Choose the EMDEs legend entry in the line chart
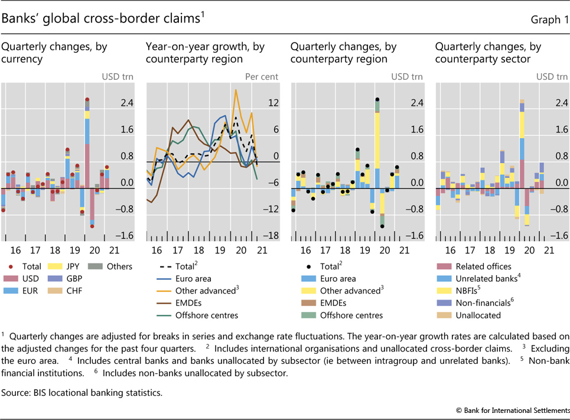tap(189, 302)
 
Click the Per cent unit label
tap(262, 76)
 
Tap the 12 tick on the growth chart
tap(273, 103)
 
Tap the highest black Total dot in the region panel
tap(377, 100)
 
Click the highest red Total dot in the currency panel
tap(87, 99)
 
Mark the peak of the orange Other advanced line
tap(236, 90)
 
